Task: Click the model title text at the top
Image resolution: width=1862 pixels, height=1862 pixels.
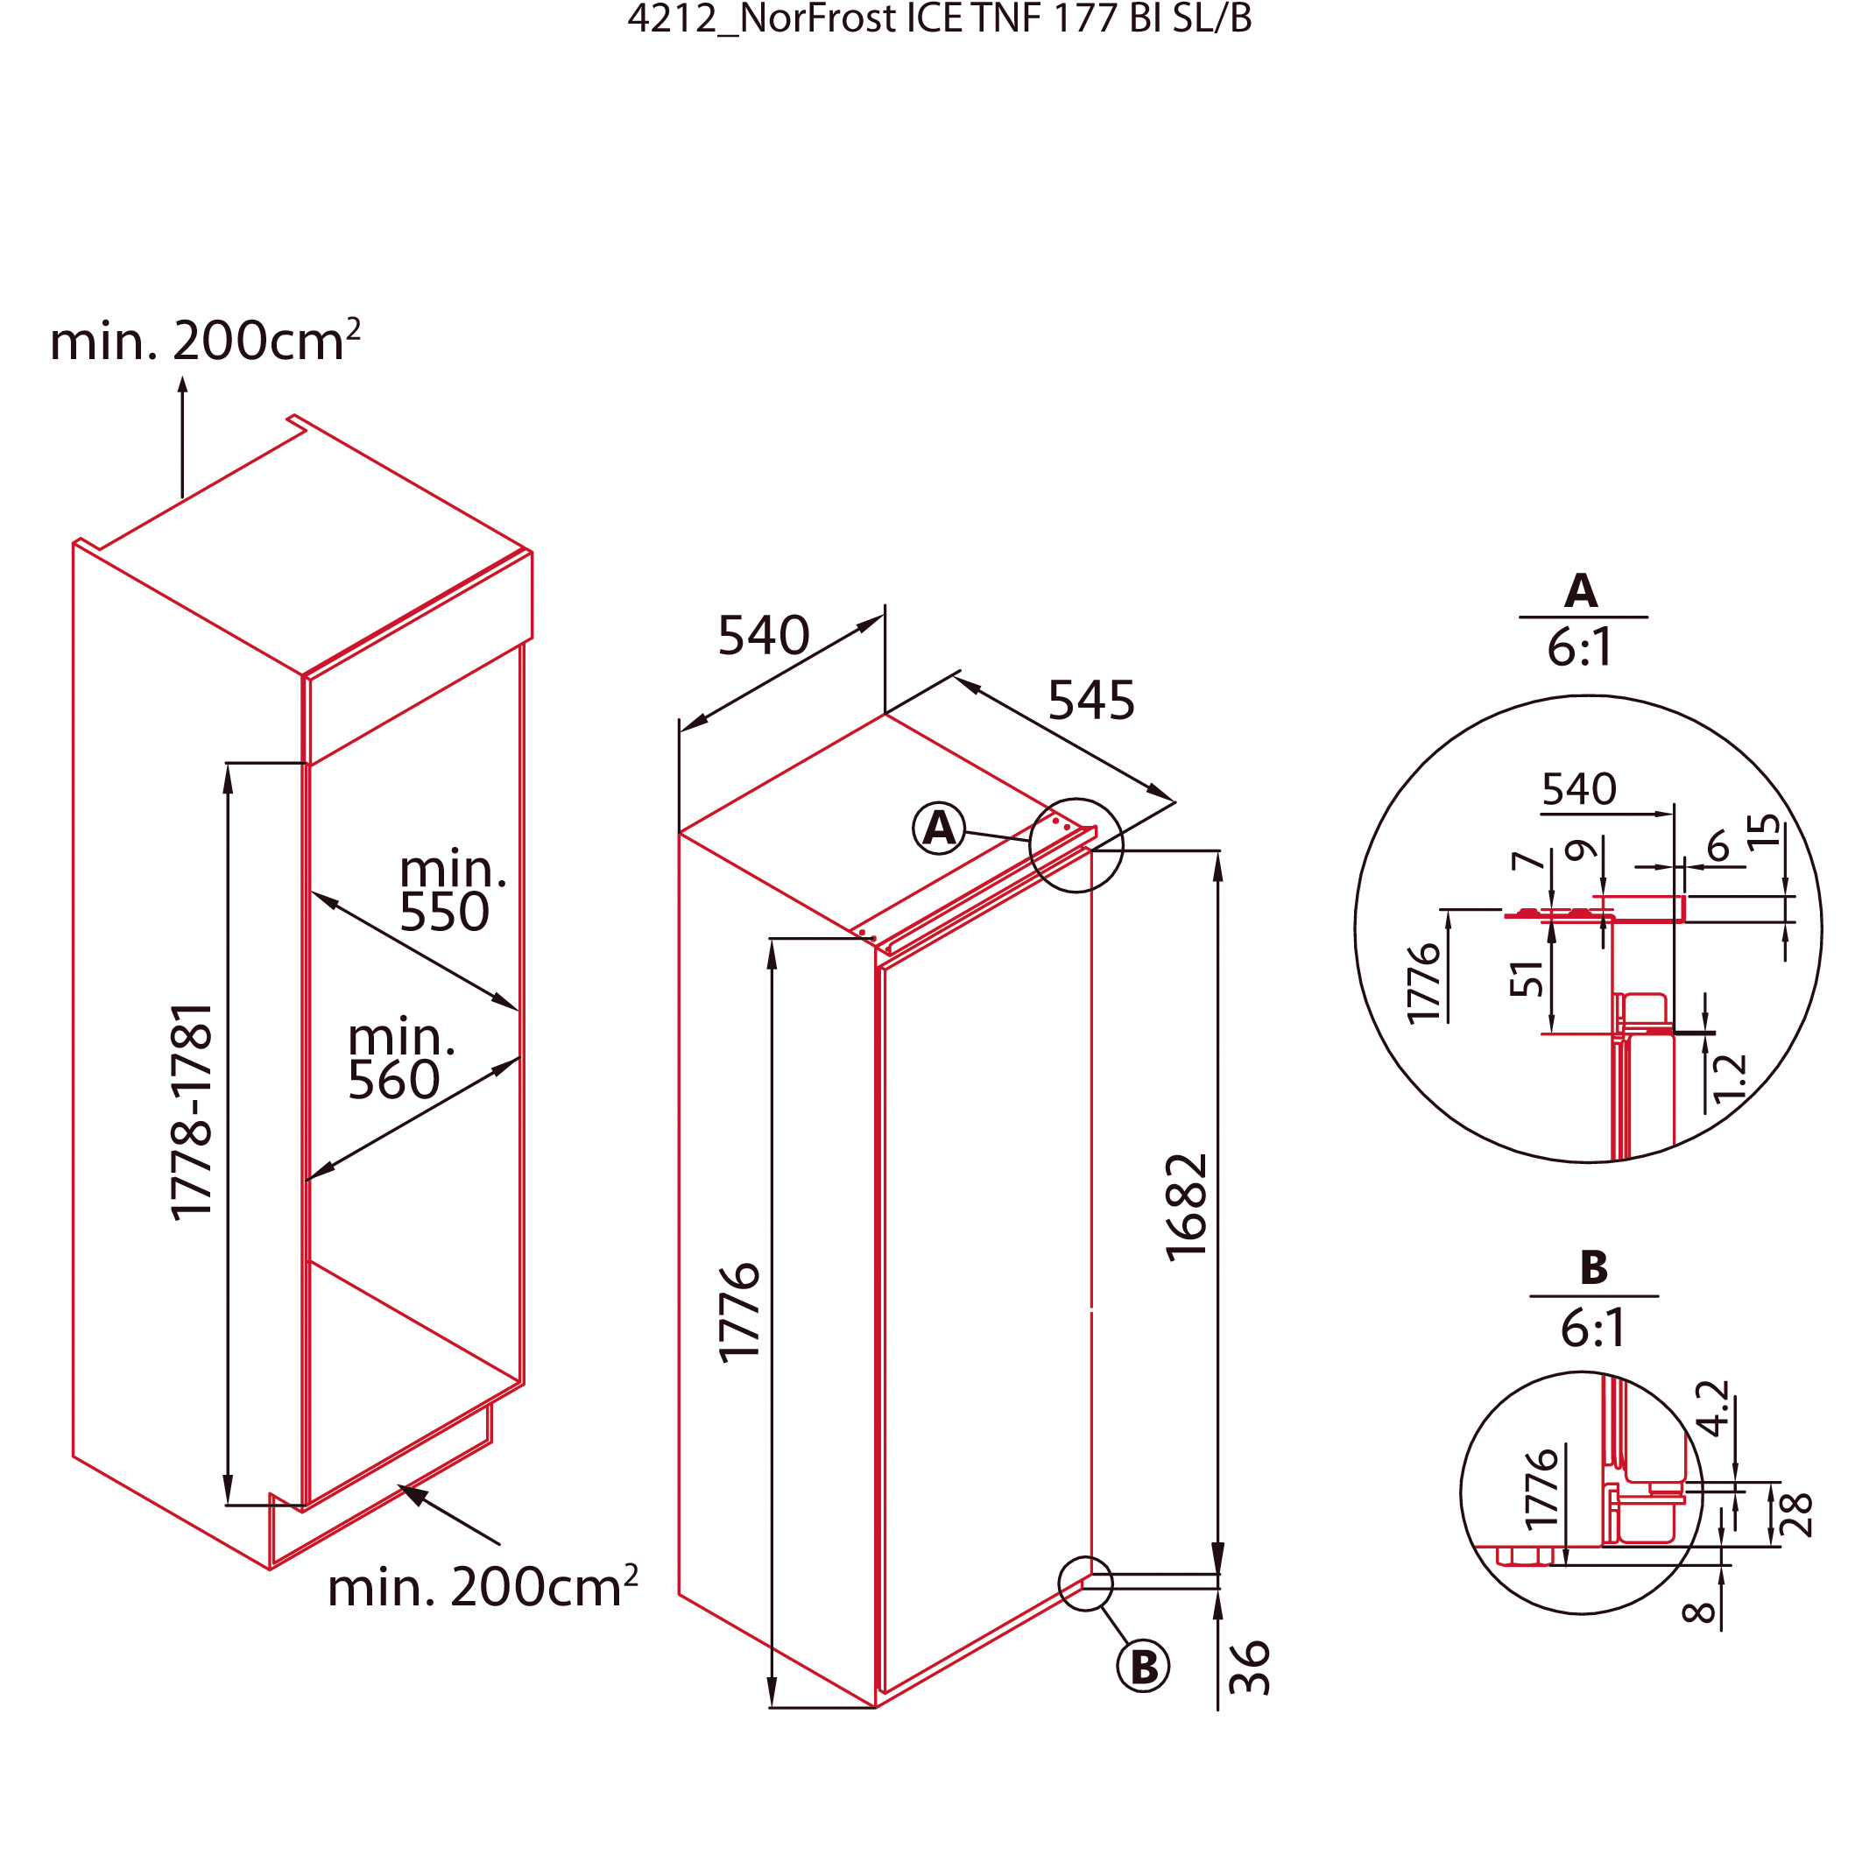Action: [940, 19]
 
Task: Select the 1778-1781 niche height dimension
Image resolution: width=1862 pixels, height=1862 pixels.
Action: [191, 1111]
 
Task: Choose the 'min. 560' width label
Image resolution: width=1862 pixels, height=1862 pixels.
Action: [401, 1058]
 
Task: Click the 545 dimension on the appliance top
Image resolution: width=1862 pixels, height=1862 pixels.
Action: [1091, 701]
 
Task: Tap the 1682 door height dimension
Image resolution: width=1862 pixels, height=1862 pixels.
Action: [1187, 1207]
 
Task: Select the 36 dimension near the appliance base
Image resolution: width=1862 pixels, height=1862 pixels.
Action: [1250, 1668]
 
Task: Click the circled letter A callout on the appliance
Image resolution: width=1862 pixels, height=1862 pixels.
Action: [939, 828]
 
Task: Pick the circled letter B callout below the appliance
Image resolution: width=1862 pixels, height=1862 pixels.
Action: [1143, 1667]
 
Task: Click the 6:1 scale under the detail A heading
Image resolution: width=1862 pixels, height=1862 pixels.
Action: [1580, 647]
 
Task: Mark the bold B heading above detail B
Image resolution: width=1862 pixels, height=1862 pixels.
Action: [1594, 1267]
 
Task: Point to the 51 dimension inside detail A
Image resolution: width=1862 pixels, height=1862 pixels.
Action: [1527, 979]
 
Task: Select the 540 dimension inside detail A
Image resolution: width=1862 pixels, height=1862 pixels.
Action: [1578, 789]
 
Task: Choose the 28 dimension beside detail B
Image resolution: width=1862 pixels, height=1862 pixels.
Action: [1796, 1515]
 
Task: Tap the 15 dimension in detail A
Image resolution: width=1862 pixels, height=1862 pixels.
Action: [1765, 831]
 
